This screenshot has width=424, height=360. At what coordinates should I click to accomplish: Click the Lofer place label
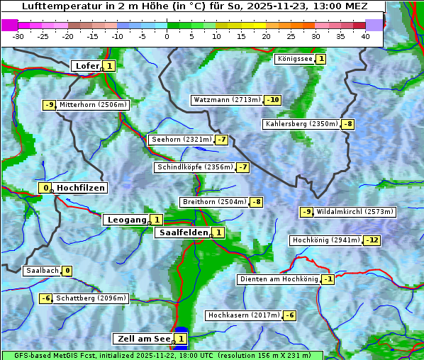click(x=87, y=66)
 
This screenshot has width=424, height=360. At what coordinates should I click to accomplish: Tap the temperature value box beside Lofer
click(x=108, y=66)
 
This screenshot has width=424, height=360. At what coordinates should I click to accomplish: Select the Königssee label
click(x=294, y=59)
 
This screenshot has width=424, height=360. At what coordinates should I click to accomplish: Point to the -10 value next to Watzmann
click(x=273, y=100)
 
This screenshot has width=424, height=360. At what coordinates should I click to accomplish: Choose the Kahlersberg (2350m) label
click(x=301, y=124)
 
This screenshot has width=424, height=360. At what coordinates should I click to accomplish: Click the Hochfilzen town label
click(x=81, y=188)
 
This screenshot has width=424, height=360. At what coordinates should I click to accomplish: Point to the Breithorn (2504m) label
click(x=214, y=202)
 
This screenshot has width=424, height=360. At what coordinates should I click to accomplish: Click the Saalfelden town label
click(x=183, y=232)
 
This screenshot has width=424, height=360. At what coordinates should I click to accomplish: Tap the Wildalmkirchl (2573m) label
click(x=355, y=212)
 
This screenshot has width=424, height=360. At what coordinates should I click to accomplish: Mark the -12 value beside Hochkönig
click(x=372, y=240)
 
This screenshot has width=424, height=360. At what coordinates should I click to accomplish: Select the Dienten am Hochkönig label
click(x=278, y=279)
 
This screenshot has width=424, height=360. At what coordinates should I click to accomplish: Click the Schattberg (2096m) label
click(x=91, y=298)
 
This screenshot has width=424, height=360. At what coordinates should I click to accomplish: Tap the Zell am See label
click(x=143, y=339)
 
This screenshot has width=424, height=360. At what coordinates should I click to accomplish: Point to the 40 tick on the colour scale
click(x=365, y=35)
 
